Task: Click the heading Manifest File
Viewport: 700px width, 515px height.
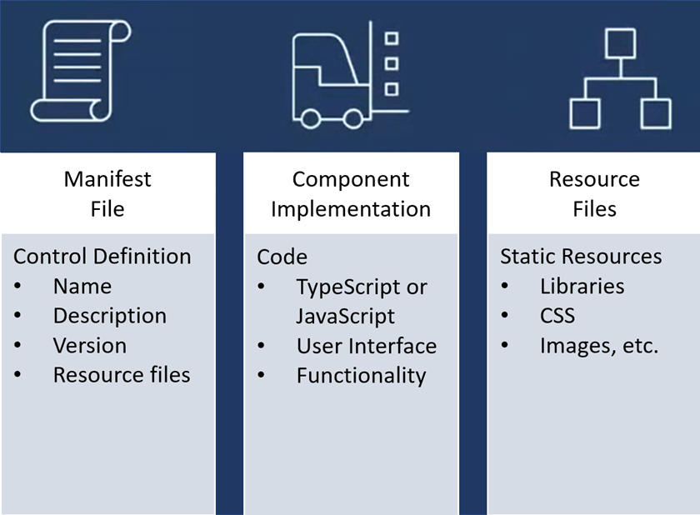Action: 107,193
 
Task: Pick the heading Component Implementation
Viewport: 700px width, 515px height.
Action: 351,193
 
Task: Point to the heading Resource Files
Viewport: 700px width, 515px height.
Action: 594,193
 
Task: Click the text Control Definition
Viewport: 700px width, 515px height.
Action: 102,256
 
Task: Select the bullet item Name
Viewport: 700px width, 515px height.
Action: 82,286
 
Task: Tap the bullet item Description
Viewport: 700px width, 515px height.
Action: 109,316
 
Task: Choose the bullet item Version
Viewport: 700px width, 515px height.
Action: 90,346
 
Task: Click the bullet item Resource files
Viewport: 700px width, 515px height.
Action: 122,375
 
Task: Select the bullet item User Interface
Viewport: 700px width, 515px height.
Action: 366,346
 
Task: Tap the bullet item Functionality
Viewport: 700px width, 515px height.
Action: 361,376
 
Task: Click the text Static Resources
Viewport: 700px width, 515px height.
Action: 581,256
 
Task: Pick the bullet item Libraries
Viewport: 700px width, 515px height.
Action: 582,286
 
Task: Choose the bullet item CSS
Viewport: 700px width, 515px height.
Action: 557,316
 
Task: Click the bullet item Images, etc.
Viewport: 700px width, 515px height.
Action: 598,346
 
